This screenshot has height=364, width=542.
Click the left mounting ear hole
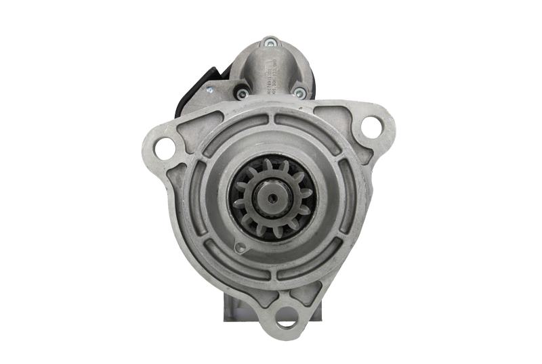(x=165, y=145)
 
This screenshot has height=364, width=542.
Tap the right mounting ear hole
(x=371, y=126)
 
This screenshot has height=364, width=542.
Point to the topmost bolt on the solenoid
(x=270, y=43)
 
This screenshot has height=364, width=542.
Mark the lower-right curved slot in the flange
(x=325, y=261)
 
